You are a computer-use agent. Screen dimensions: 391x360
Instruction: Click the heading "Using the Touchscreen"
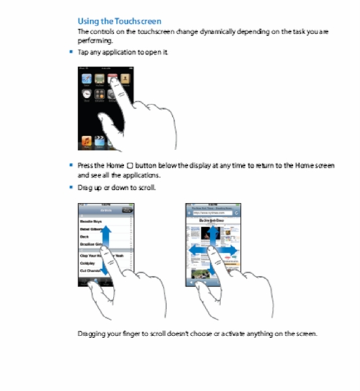pos(119,21)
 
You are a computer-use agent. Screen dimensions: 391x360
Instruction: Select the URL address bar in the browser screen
pos(213,213)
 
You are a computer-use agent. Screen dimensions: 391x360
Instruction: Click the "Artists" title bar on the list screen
pos(104,210)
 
